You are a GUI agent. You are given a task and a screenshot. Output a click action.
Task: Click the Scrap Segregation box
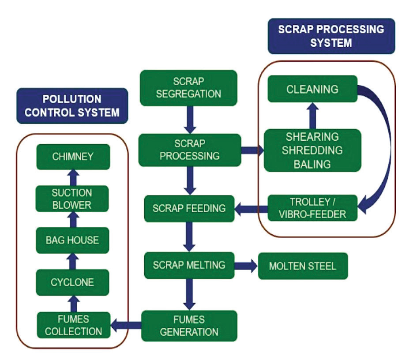pyautogui.click(x=188, y=88)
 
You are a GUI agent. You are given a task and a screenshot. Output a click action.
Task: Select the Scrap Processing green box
pyautogui.click(x=190, y=150)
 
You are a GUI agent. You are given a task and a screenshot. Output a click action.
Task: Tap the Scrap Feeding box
pyautogui.click(x=189, y=209)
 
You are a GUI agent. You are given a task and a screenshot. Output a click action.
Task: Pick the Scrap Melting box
pyautogui.click(x=189, y=265)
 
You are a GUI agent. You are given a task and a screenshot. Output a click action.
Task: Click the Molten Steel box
pyautogui.click(x=303, y=266)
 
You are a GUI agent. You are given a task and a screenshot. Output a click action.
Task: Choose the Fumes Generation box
pyautogui.click(x=189, y=326)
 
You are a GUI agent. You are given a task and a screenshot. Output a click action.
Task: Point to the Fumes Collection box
pyautogui.click(x=74, y=325)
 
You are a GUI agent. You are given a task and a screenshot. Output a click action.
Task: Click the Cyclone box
pyautogui.click(x=72, y=282)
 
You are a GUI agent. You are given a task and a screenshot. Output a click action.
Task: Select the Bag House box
pyautogui.click(x=72, y=240)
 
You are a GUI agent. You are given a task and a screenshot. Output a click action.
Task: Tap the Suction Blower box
pyautogui.click(x=72, y=199)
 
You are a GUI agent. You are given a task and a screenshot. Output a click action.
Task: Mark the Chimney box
pyautogui.click(x=73, y=157)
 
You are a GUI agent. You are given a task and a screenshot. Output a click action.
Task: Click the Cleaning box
pyautogui.click(x=312, y=89)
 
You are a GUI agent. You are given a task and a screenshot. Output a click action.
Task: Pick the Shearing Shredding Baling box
pyautogui.click(x=312, y=150)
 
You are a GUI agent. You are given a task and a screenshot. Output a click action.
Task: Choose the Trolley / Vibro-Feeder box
pyautogui.click(x=312, y=208)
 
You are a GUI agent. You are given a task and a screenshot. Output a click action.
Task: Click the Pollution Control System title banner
pyautogui.click(x=72, y=106)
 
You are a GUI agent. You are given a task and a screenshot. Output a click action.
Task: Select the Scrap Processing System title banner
pyautogui.click(x=331, y=36)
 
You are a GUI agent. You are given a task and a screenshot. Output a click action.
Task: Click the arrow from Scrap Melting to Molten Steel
pyautogui.click(x=246, y=266)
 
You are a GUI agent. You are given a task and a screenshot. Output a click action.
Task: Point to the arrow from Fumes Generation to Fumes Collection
pyautogui.click(x=126, y=325)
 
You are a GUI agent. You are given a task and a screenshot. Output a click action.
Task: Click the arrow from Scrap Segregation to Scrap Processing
pyautogui.click(x=190, y=120)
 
